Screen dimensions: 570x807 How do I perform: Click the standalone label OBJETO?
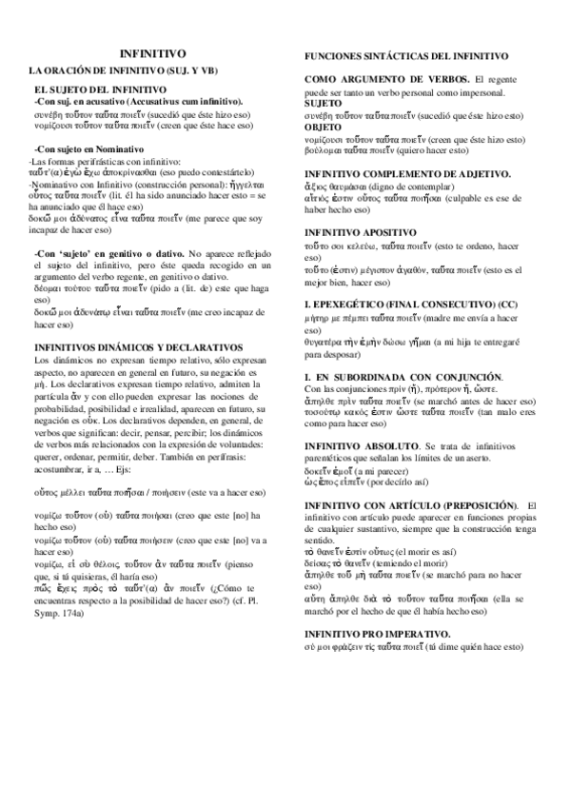pyautogui.click(x=324, y=126)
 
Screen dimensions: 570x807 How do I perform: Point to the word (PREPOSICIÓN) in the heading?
pyautogui.click(x=482, y=503)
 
